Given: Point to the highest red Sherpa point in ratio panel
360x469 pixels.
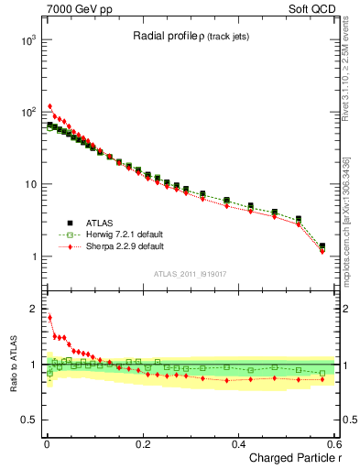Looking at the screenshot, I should (49, 318).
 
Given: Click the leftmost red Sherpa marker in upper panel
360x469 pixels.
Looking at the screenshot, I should (49, 106).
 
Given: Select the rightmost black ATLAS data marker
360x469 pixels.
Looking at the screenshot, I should (322, 245).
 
